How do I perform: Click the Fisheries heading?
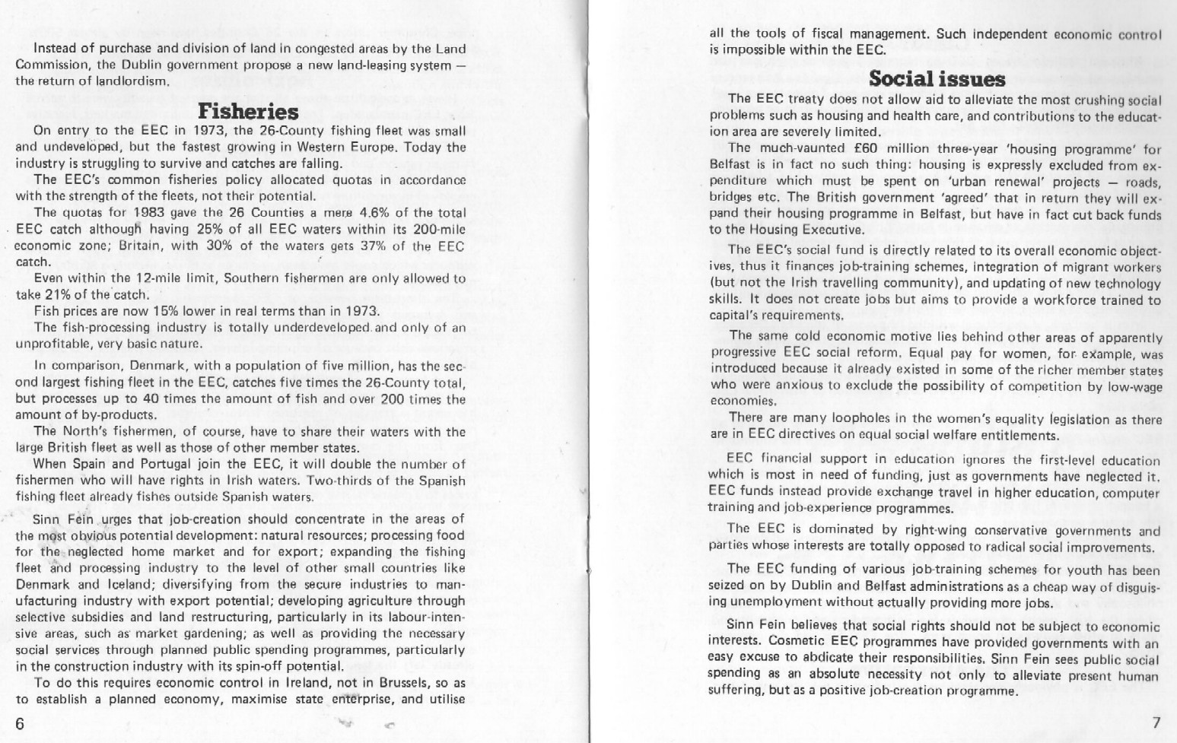248,112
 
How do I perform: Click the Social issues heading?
937,78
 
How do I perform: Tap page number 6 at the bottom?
20,722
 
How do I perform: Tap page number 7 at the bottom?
1156,722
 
